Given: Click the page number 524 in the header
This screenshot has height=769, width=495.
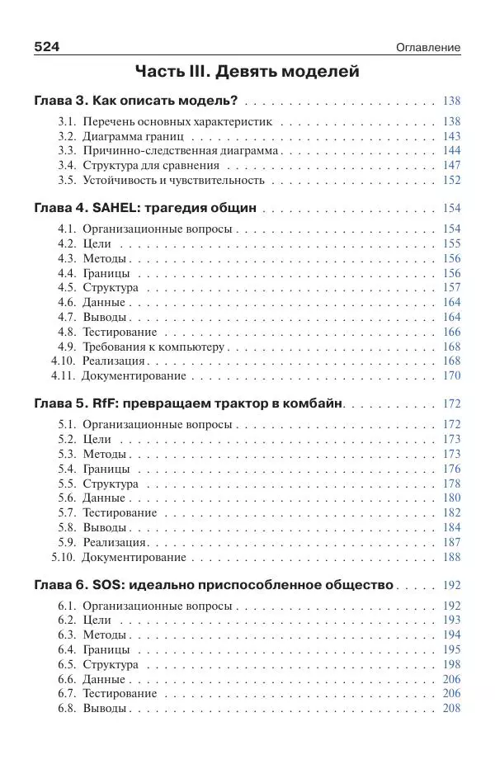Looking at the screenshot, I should point(47,47).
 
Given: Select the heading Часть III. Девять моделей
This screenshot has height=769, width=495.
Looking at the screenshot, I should point(247,72).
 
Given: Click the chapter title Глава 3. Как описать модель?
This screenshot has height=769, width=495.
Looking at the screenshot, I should point(136,101).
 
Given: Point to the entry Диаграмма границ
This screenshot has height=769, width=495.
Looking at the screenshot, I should point(134,136).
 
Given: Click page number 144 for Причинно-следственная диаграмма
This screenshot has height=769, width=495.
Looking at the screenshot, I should point(451,151).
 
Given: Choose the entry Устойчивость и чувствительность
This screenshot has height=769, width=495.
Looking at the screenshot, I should point(173,180).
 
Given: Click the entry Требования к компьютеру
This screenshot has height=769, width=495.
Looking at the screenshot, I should point(153,347).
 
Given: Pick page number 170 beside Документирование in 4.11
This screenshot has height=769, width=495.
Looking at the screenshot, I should point(451,375).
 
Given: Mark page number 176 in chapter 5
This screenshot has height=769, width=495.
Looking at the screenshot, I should point(451,469).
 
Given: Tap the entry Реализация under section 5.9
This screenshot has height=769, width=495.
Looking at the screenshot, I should point(115,542).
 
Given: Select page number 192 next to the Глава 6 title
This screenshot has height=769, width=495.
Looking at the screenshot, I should point(451,586).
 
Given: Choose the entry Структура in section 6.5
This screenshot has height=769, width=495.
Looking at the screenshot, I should point(111,664).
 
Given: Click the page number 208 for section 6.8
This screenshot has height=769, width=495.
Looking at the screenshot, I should point(451,708).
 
